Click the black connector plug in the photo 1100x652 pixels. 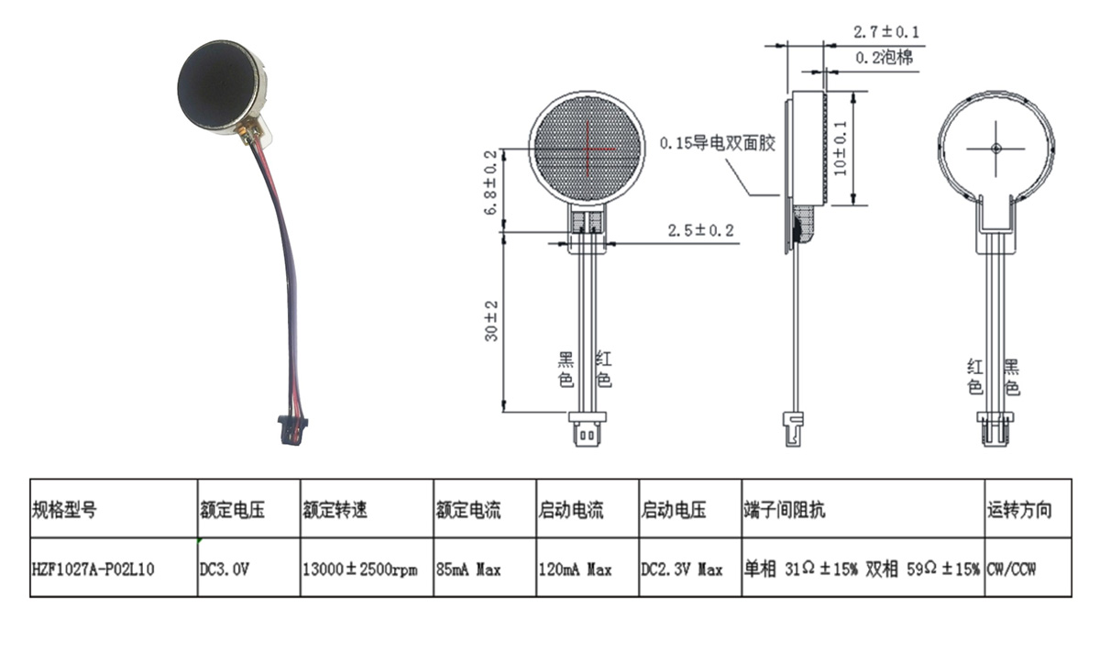[293, 429]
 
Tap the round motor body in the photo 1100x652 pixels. [220, 84]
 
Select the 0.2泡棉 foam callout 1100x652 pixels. [884, 58]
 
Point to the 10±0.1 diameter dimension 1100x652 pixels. [841, 148]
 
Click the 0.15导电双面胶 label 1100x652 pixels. [718, 143]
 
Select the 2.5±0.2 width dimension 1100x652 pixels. [701, 229]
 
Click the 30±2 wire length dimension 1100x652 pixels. [491, 321]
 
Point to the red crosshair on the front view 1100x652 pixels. [588, 149]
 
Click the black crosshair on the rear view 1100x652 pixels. [995, 149]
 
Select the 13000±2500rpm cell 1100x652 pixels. [359, 569]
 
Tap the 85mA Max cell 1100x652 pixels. [468, 569]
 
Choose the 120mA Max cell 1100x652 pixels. [574, 569]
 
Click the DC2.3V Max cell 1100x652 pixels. [681, 569]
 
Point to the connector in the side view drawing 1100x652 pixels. [791, 428]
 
